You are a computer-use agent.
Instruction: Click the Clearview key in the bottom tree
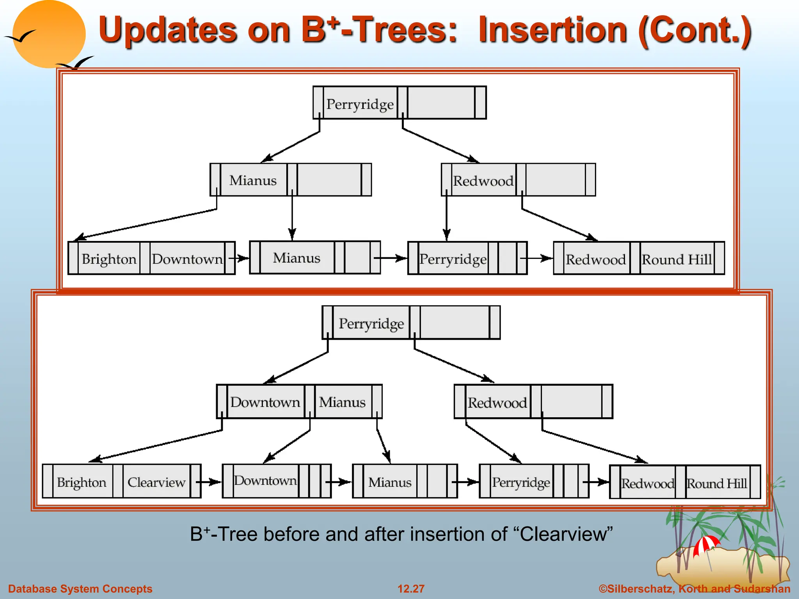(156, 482)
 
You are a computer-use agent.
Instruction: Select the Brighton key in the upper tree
(109, 259)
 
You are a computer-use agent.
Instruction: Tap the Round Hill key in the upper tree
(677, 259)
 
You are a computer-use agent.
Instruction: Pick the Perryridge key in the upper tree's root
(360, 104)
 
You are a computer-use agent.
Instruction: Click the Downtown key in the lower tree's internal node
(265, 402)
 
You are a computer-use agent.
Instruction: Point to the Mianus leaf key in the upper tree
(297, 258)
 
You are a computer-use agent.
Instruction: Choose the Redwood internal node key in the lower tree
(497, 402)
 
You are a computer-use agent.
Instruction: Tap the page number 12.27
(411, 588)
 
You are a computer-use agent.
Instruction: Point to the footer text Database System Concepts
(80, 588)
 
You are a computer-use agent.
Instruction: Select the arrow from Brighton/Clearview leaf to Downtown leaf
(209, 482)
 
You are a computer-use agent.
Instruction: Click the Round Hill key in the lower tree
(717, 483)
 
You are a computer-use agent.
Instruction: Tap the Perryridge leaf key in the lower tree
(521, 482)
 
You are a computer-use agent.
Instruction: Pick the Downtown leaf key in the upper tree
(187, 259)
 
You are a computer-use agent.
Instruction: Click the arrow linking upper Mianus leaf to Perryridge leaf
(390, 258)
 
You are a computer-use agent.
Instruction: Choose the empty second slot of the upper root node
(441, 103)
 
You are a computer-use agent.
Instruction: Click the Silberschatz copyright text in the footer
(694, 588)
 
